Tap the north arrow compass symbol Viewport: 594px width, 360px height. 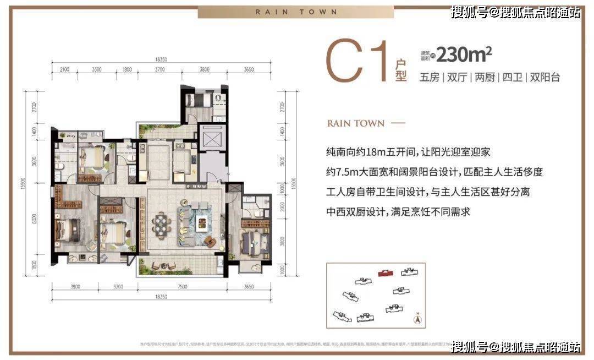(417, 318)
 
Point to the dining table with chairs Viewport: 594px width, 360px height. (161, 225)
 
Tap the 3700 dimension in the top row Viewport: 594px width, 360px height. (160, 70)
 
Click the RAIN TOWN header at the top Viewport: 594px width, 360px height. (296, 12)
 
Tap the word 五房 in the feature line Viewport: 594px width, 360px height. (430, 77)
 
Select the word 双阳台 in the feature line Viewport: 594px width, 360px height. (544, 77)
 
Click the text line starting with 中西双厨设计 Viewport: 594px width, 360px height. (399, 211)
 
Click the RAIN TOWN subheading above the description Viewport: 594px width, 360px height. (355, 123)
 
